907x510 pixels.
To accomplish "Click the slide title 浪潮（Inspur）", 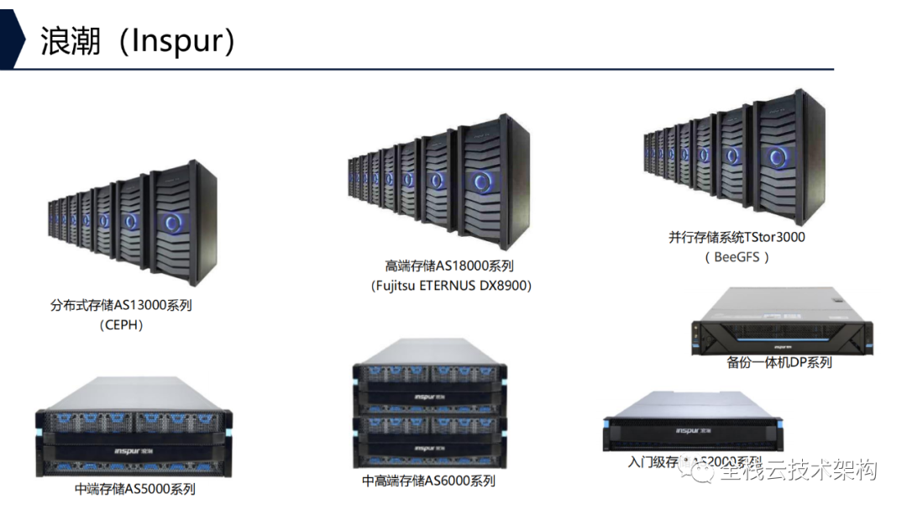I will click(x=139, y=40).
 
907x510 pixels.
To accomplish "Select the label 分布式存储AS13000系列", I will click(x=121, y=305).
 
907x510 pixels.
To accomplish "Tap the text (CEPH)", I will click(x=121, y=325).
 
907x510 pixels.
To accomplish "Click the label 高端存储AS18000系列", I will click(x=448, y=266).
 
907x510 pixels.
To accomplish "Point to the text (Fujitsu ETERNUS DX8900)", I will click(x=451, y=286).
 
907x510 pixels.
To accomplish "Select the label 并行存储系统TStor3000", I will click(x=737, y=237).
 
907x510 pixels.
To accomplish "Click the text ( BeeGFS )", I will click(x=737, y=257).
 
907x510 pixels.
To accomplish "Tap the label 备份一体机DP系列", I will click(x=779, y=362).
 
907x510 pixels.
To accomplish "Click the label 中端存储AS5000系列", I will click(x=135, y=488).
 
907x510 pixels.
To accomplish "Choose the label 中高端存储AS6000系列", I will click(x=428, y=481).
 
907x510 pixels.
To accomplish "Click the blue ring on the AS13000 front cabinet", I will click(x=175, y=222).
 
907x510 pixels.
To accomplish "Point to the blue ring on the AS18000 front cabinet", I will click(x=483, y=181).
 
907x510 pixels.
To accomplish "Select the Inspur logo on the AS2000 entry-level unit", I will click(x=693, y=431).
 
